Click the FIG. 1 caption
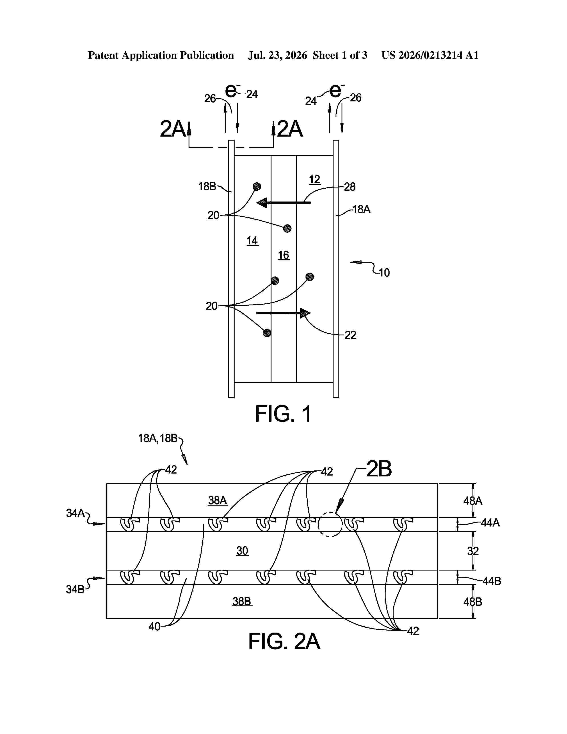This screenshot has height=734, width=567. [283, 414]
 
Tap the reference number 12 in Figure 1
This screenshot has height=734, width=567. [314, 180]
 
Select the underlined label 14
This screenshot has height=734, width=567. [252, 241]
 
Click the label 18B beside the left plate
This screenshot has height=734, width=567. [207, 187]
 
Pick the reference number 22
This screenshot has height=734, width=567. [350, 335]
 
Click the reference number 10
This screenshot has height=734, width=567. [384, 272]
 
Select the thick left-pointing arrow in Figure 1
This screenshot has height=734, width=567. [283, 202]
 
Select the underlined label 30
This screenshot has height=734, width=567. [242, 551]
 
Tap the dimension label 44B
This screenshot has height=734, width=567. [492, 581]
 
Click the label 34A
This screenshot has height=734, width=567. [75, 513]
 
